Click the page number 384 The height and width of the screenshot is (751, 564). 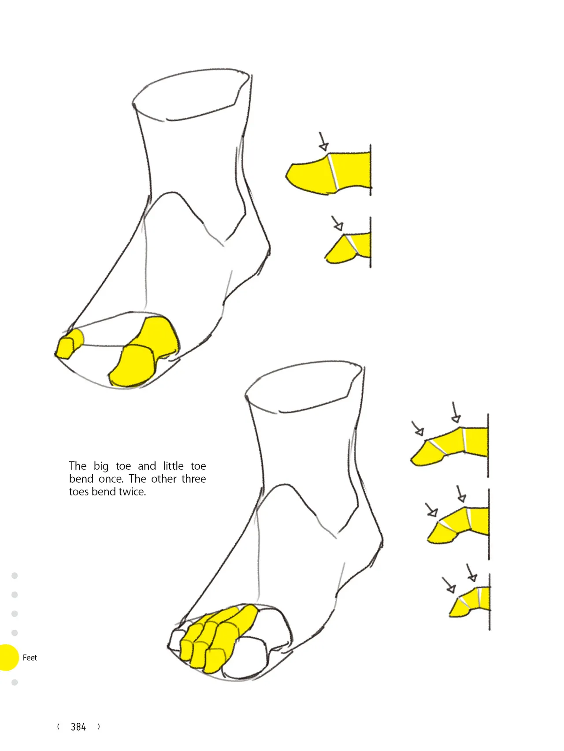click(x=78, y=727)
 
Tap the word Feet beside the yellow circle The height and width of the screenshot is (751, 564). click(x=30, y=658)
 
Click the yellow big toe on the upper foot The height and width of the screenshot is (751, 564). click(x=144, y=352)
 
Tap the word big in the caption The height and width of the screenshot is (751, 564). click(x=101, y=467)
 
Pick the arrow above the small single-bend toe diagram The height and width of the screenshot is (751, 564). click(x=337, y=223)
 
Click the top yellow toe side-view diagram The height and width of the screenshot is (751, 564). click(x=328, y=173)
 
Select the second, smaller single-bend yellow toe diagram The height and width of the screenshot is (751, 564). click(x=348, y=248)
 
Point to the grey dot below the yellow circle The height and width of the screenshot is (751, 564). click(x=15, y=682)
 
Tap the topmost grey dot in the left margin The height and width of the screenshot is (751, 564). click(x=15, y=576)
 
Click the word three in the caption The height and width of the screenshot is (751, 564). click(x=194, y=479)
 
